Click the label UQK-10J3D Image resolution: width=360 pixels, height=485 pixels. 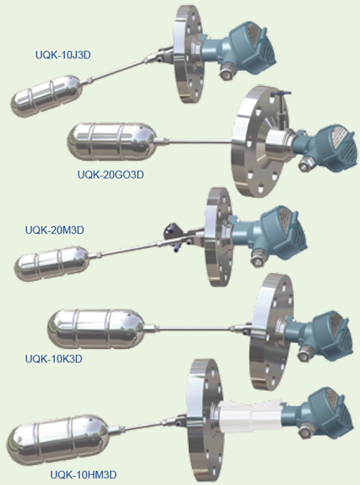[x=63, y=55]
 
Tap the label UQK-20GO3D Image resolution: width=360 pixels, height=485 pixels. [x=110, y=174]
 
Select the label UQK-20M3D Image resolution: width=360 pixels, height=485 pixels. [x=54, y=230]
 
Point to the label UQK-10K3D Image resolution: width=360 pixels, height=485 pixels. [x=53, y=359]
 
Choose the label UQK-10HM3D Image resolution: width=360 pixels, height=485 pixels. [x=84, y=475]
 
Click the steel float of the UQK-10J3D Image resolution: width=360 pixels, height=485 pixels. [x=47, y=95]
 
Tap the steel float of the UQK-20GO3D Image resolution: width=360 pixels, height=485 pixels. [x=112, y=142]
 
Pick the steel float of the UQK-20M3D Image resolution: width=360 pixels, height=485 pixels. [x=52, y=264]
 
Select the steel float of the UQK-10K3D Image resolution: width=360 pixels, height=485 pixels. [x=96, y=329]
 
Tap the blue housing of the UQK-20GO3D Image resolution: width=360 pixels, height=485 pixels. [x=328, y=148]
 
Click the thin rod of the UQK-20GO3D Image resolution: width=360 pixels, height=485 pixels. [x=200, y=142]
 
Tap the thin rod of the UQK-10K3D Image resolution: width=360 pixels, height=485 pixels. [x=195, y=329]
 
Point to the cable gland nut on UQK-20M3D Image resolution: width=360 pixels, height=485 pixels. [x=256, y=260]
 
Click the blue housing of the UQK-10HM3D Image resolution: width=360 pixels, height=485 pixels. [x=322, y=413]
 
